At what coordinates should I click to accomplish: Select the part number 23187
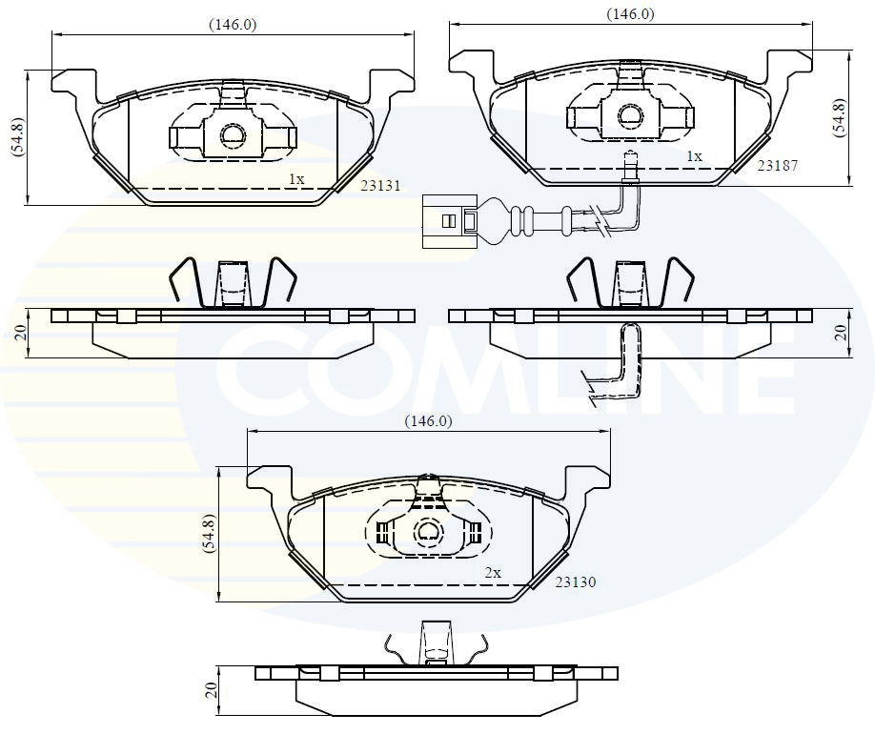[x=777, y=165]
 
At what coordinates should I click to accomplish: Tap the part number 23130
[x=576, y=581]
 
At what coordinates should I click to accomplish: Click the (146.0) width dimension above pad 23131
[x=233, y=26]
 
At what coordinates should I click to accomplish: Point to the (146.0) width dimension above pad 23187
[x=630, y=14]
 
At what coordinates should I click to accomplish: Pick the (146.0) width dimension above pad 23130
[x=428, y=420]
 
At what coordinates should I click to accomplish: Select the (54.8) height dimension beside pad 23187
[x=839, y=118]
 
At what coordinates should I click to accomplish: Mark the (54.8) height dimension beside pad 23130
[x=209, y=535]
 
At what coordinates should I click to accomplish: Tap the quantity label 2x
[x=493, y=573]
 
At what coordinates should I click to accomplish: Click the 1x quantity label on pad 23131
[x=296, y=178]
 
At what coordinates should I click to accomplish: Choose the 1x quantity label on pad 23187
[x=694, y=155]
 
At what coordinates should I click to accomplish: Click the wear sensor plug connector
[x=449, y=221]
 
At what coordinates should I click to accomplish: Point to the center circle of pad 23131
[x=233, y=136]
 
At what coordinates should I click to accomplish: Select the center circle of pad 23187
[x=630, y=116]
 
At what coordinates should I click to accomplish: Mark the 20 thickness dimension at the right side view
[x=840, y=332]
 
